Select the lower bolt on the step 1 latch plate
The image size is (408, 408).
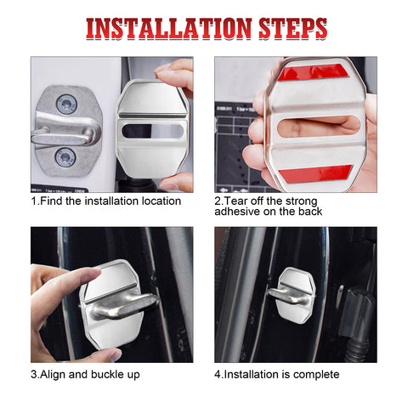65,156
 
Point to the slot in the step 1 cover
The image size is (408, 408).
152,131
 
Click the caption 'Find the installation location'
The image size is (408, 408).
106,201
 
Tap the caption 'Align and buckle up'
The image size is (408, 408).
85,375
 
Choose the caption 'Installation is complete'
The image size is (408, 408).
276,375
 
